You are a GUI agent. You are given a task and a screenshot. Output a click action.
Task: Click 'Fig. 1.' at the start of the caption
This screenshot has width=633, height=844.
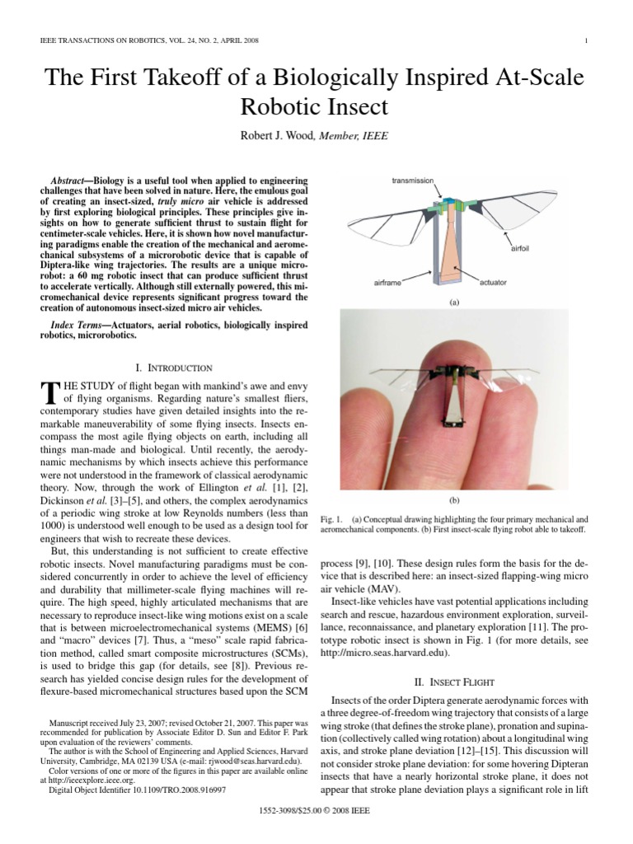[x=331, y=520]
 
